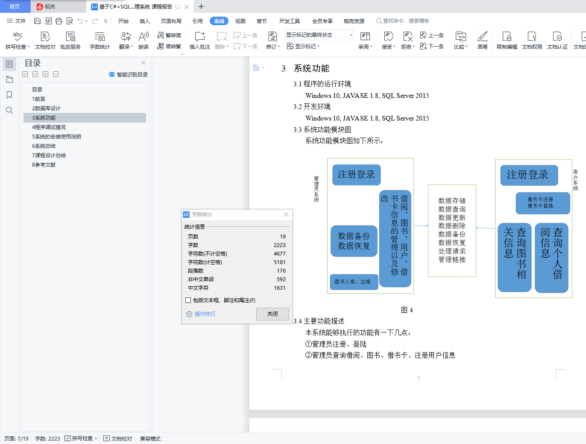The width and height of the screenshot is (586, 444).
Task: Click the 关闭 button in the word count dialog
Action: point(272,314)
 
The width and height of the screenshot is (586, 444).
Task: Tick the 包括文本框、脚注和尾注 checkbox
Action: point(188,300)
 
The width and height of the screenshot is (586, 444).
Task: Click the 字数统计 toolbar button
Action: point(100,40)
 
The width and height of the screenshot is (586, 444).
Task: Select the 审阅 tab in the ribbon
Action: point(219,21)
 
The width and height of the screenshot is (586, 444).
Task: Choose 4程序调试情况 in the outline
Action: point(49,127)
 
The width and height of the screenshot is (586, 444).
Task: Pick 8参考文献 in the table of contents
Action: point(44,165)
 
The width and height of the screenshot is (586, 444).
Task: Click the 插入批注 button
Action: point(200,40)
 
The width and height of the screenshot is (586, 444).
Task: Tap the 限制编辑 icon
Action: point(507,40)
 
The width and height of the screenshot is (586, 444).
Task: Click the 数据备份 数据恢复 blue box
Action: point(354,241)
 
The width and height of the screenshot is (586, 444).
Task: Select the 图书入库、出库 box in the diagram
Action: point(354,282)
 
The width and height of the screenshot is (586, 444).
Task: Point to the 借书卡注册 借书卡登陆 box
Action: point(543,203)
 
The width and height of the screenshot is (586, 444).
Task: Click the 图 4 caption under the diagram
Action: point(407,310)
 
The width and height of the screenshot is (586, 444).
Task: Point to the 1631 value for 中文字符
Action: point(279,288)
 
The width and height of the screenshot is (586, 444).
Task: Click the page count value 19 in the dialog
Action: point(283,237)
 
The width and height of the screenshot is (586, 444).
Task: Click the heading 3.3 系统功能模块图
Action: point(322,130)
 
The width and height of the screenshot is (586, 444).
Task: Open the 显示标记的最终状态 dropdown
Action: point(319,35)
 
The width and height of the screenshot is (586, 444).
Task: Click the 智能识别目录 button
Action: point(128,74)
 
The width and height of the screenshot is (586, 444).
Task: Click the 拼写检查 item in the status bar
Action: point(81,438)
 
